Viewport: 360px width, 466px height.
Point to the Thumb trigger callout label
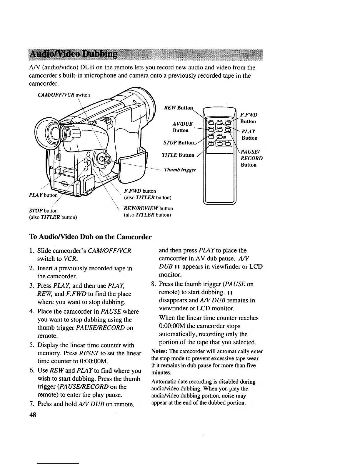pos(180,170)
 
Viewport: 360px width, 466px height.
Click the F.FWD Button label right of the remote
pos(249,118)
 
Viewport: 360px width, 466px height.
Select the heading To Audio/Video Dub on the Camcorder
pos(90,237)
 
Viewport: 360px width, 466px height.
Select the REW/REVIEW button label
pos(149,208)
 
